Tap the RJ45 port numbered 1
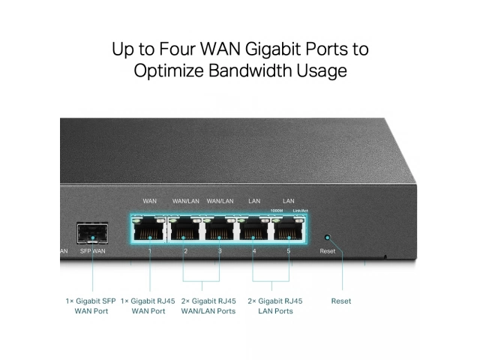[150, 228]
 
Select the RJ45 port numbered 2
[185, 228]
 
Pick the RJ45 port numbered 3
[220, 228]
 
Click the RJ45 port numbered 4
[254, 228]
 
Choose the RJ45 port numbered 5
[289, 228]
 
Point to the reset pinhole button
[326, 238]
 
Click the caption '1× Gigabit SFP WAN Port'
[91, 306]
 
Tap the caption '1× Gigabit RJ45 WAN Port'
[148, 306]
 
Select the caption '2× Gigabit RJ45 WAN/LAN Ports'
[208, 306]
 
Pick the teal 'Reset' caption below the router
[341, 301]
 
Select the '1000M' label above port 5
[277, 211]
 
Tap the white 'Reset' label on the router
[328, 251]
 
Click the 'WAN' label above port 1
[150, 201]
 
